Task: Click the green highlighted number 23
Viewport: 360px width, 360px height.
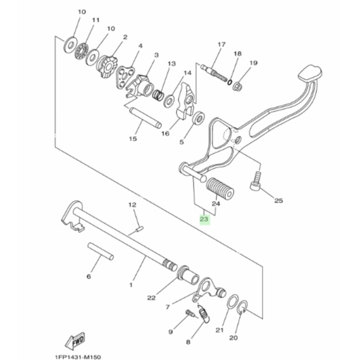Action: [x=204, y=220]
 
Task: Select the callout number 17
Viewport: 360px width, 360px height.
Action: [x=221, y=44]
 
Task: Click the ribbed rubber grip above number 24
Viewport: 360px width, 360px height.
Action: [x=215, y=189]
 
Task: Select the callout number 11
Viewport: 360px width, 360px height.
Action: [x=96, y=20]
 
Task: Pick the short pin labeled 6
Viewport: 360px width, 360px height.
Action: [x=99, y=249]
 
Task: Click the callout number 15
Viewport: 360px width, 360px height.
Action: [x=133, y=139]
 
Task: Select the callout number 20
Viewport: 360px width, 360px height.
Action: [x=233, y=338]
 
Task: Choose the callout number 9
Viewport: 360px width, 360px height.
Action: [x=170, y=332]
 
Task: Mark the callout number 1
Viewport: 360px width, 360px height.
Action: [x=131, y=285]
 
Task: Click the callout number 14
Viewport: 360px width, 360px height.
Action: [x=187, y=73]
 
